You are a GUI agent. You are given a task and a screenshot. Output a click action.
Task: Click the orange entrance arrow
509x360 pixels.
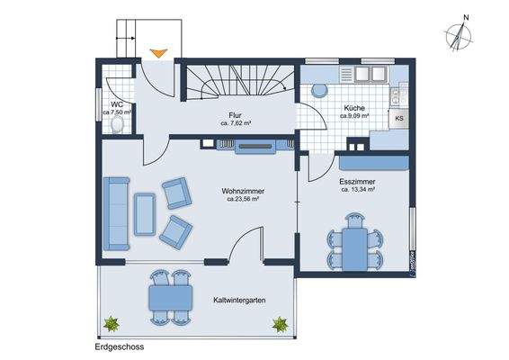pyautogui.click(x=157, y=55)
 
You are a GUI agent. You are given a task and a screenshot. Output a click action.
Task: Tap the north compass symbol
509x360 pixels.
pyautogui.click(x=462, y=34)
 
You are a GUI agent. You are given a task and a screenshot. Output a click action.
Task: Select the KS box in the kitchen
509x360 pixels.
pyautogui.click(x=398, y=118)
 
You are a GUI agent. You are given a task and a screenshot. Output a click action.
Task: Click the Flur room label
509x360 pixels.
pyautogui.click(x=235, y=116)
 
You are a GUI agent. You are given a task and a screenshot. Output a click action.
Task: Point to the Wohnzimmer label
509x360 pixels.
pyautogui.click(x=242, y=191)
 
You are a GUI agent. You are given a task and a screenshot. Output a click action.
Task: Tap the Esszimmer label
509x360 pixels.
pyautogui.click(x=358, y=181)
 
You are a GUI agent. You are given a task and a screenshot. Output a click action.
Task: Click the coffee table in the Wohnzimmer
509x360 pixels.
pyautogui.click(x=144, y=213)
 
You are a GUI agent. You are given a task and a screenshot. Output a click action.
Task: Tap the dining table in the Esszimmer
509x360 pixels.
pyautogui.click(x=356, y=240)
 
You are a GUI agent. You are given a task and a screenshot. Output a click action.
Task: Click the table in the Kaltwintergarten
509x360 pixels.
pyautogui.click(x=168, y=294)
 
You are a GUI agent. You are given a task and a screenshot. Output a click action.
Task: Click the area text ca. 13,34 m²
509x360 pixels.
pyautogui.click(x=358, y=190)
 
